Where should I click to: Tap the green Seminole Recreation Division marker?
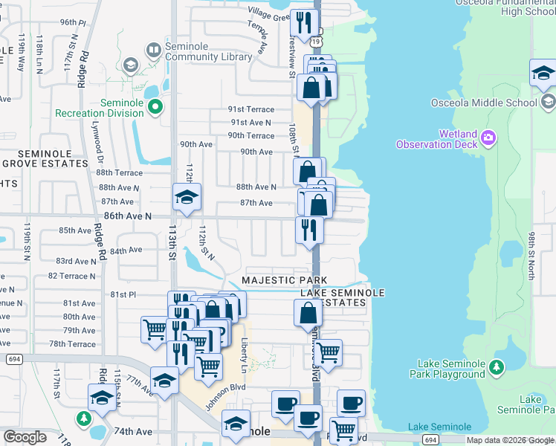click(x=155, y=108)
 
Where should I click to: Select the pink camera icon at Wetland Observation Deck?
click(x=488, y=137)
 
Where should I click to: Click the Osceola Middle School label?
click(x=483, y=103)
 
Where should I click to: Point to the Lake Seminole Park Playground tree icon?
click(x=496, y=366)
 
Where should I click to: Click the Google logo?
click(x=25, y=436)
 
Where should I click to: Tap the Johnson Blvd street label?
click(x=226, y=387)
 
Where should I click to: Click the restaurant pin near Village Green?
click(x=303, y=25)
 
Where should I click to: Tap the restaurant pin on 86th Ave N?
click(x=309, y=231)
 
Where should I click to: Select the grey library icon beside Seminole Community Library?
click(x=153, y=50)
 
